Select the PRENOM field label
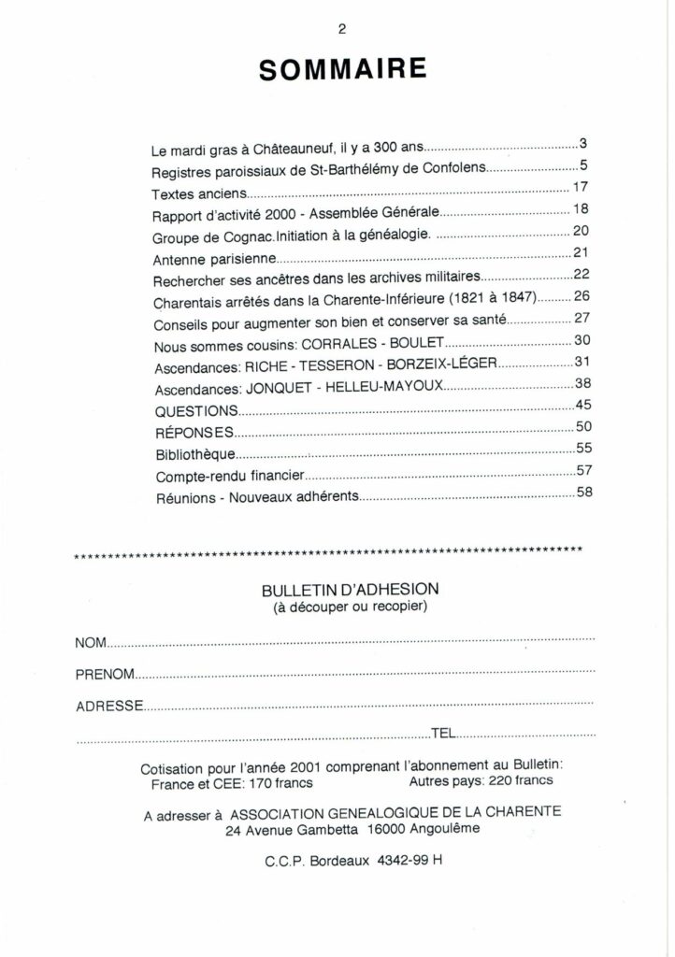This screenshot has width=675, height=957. point(105,674)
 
